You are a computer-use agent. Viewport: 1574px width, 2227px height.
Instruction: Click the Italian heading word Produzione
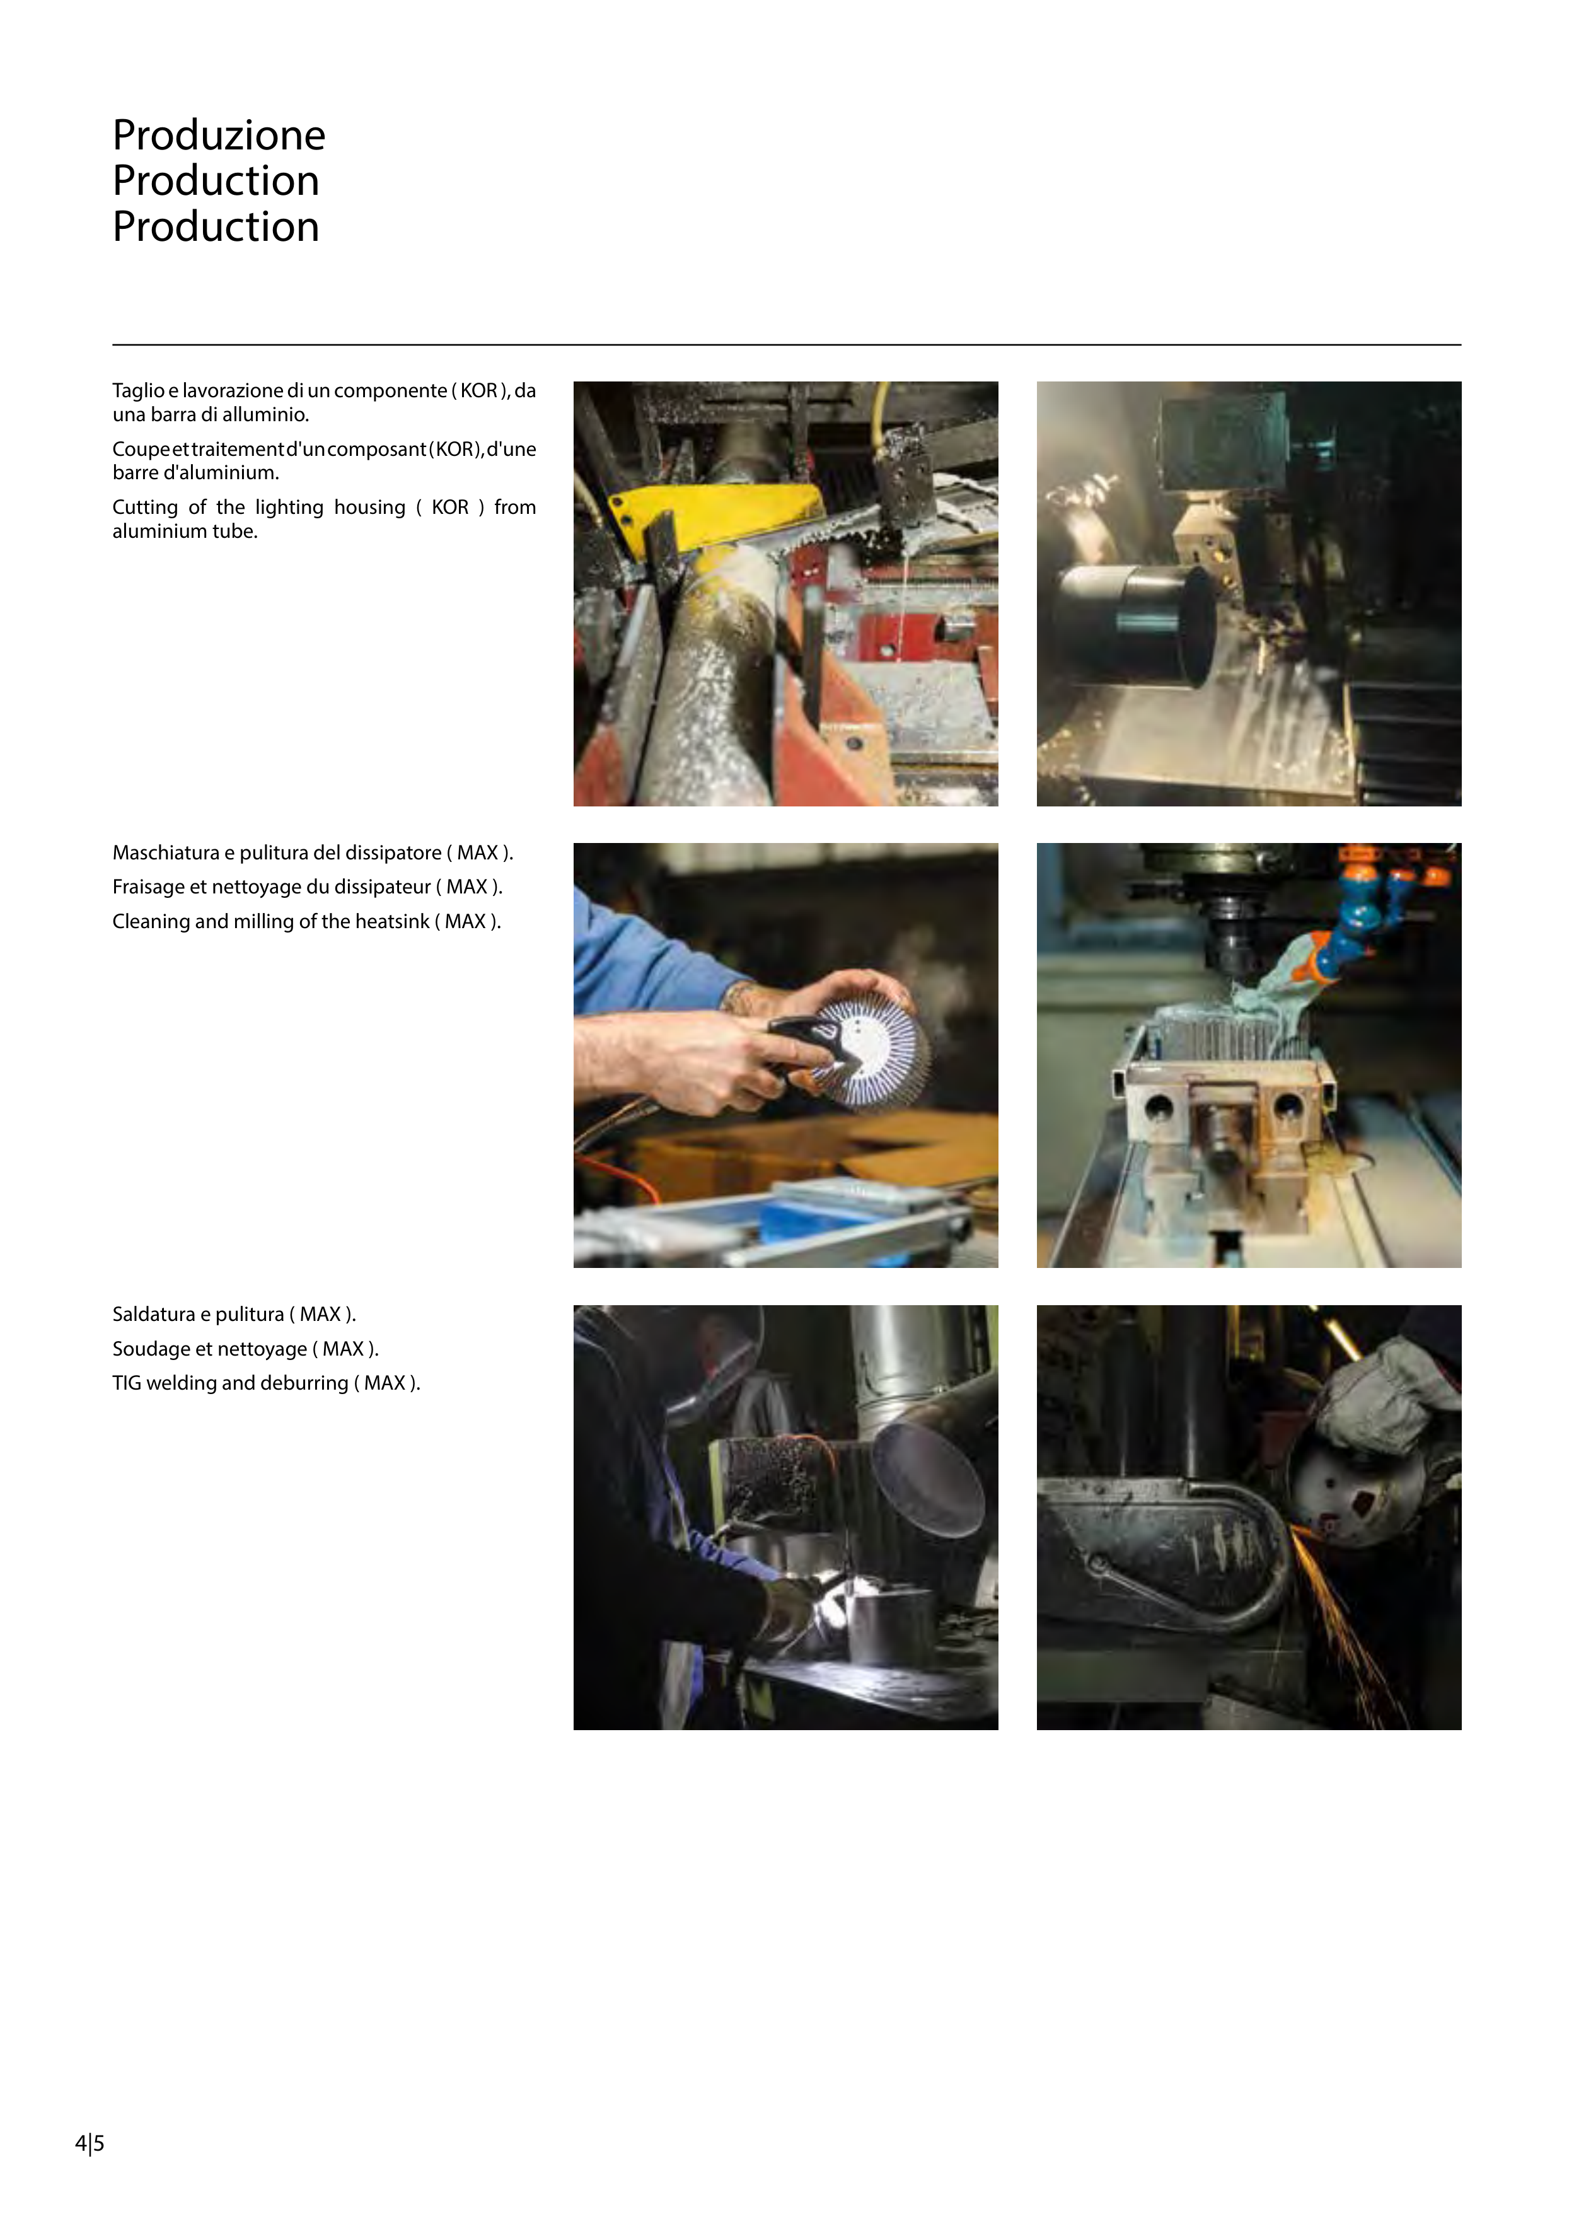pos(219,135)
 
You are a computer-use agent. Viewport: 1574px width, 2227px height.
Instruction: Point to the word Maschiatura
pos(166,852)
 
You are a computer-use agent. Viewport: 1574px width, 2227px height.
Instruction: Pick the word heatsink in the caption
pos(389,921)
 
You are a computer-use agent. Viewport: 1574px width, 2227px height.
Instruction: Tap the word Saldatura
pos(153,1314)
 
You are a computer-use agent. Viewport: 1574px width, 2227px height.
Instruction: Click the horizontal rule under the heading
pos(787,344)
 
